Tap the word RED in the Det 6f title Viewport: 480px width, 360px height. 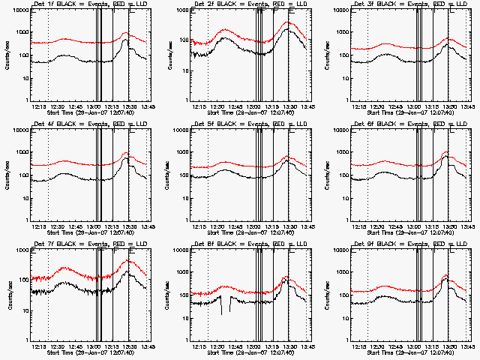(x=426, y=124)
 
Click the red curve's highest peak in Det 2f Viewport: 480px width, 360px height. (x=289, y=22)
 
